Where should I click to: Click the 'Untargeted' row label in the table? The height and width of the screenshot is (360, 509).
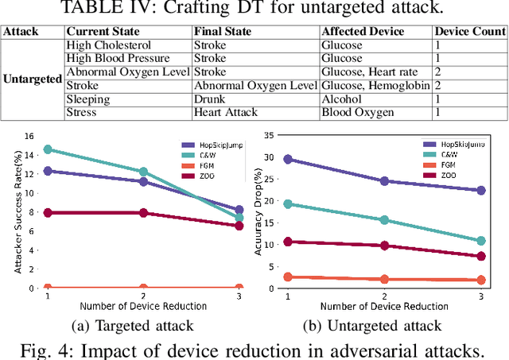tap(33, 79)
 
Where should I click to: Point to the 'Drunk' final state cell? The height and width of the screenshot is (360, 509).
tap(208, 99)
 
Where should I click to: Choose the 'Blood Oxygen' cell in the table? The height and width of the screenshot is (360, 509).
tap(357, 113)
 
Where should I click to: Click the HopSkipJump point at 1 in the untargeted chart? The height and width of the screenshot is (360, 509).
tap(288, 160)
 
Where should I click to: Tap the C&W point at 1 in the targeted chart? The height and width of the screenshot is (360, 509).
tap(48, 149)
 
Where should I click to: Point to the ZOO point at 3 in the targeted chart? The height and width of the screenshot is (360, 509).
tap(239, 226)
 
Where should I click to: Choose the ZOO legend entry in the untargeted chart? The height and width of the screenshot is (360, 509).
tap(448, 174)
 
